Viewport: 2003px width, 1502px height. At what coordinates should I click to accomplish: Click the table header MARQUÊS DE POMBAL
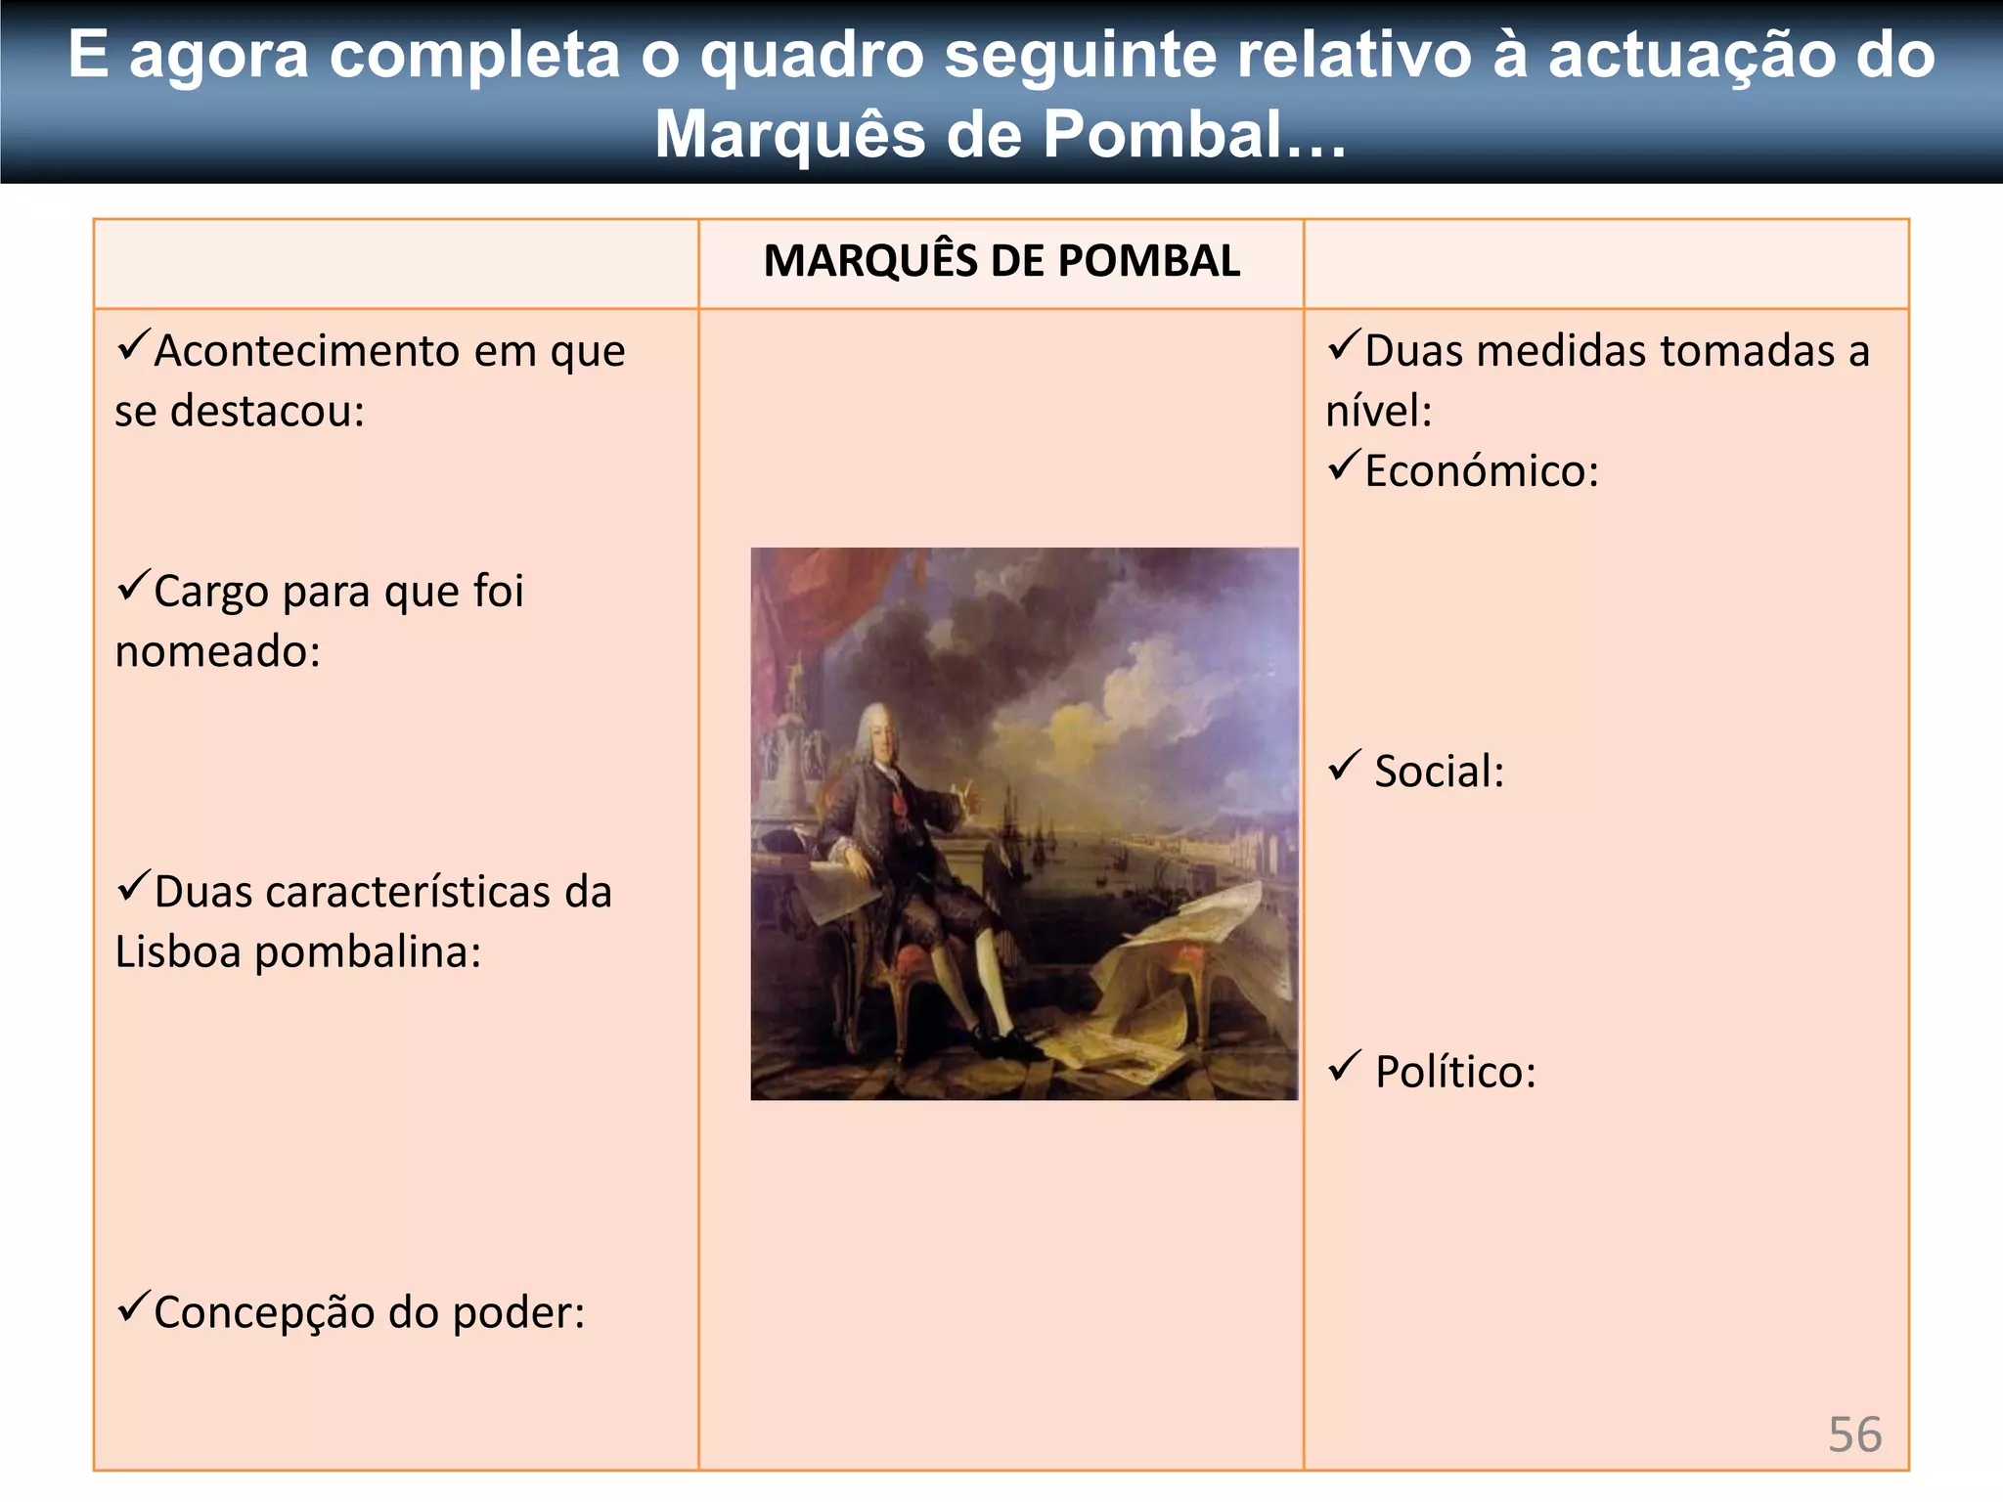[x=1001, y=261]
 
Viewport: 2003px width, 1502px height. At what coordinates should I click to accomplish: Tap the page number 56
[x=1854, y=1435]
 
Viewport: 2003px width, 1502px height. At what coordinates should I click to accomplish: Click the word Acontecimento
[x=306, y=351]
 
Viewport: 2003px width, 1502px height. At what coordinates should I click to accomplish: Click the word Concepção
[x=264, y=1312]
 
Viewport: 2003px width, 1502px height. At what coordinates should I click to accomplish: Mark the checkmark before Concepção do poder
[x=132, y=1305]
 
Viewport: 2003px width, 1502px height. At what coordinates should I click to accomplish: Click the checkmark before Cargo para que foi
[x=132, y=586]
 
